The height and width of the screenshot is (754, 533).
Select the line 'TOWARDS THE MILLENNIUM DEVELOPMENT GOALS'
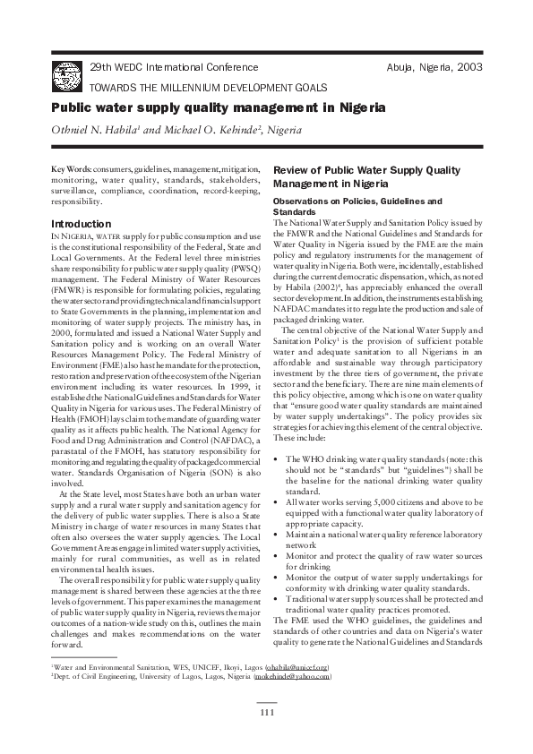click(x=208, y=87)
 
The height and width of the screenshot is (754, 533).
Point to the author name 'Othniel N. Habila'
click(x=93, y=131)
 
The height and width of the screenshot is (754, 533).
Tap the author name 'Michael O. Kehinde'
click(x=200, y=131)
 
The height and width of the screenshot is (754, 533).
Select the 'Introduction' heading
click(x=82, y=223)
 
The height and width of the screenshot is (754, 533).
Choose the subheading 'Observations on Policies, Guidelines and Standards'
click(x=357, y=207)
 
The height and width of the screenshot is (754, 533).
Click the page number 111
click(x=266, y=712)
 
